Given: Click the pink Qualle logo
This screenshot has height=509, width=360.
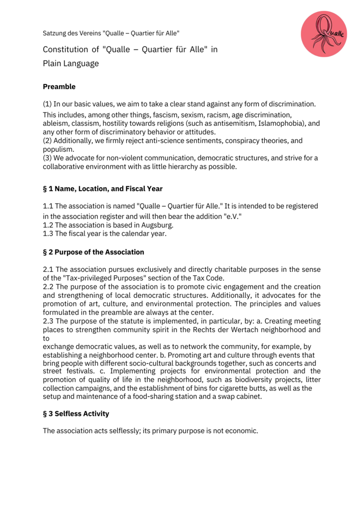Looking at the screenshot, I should coord(323,34).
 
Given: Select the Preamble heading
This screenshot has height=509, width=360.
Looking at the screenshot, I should coord(59,87).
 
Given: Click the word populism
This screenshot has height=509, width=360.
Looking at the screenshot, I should coord(59,150).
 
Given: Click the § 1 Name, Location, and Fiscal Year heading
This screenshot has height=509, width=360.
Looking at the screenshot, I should coord(103,189).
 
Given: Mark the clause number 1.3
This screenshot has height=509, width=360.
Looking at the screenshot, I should coord(48,234).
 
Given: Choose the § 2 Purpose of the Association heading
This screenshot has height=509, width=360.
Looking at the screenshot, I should coord(93,252).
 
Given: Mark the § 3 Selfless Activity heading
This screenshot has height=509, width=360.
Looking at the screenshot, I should coord(76,414).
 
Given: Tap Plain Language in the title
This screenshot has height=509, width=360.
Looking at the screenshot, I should coord(71,64).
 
